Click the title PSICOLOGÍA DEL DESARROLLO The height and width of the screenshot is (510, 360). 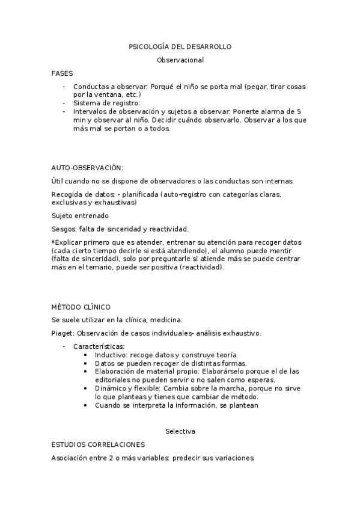180,46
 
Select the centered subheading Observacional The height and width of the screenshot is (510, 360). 180,60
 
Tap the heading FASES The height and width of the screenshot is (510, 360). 62,73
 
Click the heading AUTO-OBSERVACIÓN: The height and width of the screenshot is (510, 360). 87,167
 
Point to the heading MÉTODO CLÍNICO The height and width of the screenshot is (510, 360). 81,307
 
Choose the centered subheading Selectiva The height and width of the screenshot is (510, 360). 180,431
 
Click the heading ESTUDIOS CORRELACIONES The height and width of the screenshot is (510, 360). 98,444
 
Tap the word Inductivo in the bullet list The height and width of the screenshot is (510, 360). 111,355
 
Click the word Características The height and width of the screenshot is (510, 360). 99,346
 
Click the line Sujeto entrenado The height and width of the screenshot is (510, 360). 80,215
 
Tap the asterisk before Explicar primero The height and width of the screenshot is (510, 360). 53,242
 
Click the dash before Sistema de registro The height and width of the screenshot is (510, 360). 64,103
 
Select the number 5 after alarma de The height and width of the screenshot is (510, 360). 299,111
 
